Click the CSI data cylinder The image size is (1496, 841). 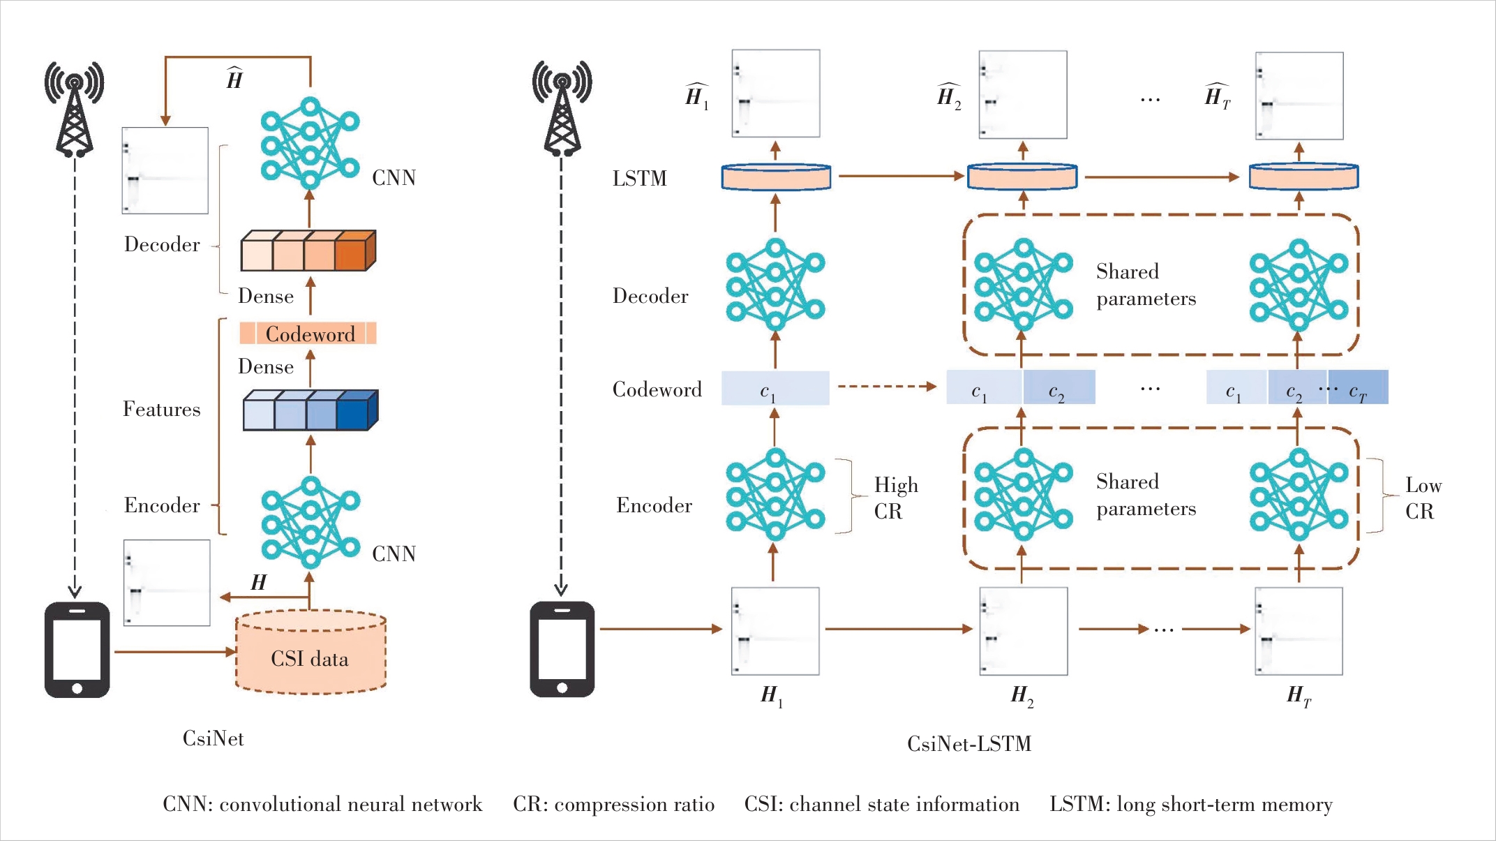click(311, 653)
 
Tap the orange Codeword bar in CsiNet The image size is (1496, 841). click(308, 334)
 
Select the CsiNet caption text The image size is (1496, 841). click(213, 738)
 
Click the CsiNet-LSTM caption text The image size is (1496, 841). click(969, 744)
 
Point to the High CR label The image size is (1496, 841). click(895, 498)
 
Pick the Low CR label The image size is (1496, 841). click(1423, 498)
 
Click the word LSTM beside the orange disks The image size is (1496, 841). click(639, 179)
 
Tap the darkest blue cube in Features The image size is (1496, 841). click(354, 412)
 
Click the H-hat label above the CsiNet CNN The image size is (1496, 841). click(234, 79)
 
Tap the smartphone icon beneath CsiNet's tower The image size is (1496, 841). click(77, 650)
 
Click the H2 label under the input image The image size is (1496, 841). click(1022, 696)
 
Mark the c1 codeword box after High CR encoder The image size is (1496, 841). click(775, 389)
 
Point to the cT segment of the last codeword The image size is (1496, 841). click(1359, 389)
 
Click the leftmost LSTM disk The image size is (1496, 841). click(776, 177)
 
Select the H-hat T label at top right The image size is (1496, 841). click(1218, 96)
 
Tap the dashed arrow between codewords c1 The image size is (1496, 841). click(886, 386)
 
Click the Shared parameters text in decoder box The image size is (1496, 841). click(1146, 285)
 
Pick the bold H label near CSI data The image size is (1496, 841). click(258, 582)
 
